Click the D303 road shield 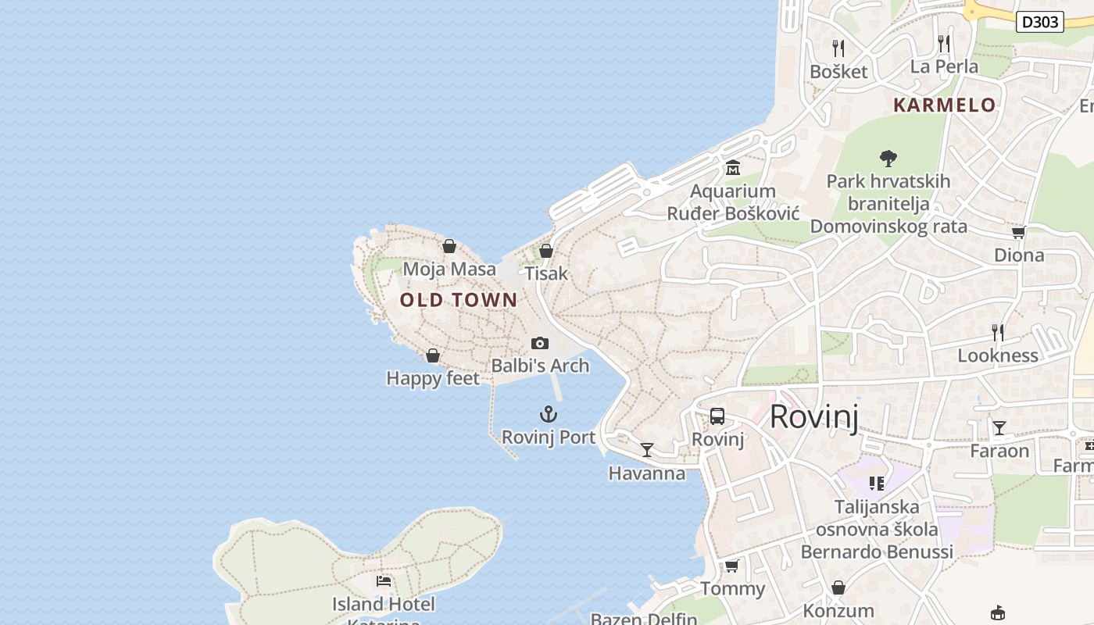1040,22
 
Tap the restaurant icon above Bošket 838,48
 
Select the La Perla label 944,66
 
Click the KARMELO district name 944,105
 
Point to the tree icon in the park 888,159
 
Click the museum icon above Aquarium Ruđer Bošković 733,168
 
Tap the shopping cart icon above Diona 1018,232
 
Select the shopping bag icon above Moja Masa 449,246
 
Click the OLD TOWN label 459,300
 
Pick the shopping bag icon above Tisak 546,251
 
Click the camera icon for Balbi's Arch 539,343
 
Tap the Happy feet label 433,378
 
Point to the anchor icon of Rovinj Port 549,414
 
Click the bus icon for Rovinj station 717,416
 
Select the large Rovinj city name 813,416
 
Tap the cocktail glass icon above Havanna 647,449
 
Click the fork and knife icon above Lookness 998,333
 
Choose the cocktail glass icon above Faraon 999,427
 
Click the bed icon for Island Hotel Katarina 383,580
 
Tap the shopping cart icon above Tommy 731,566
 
